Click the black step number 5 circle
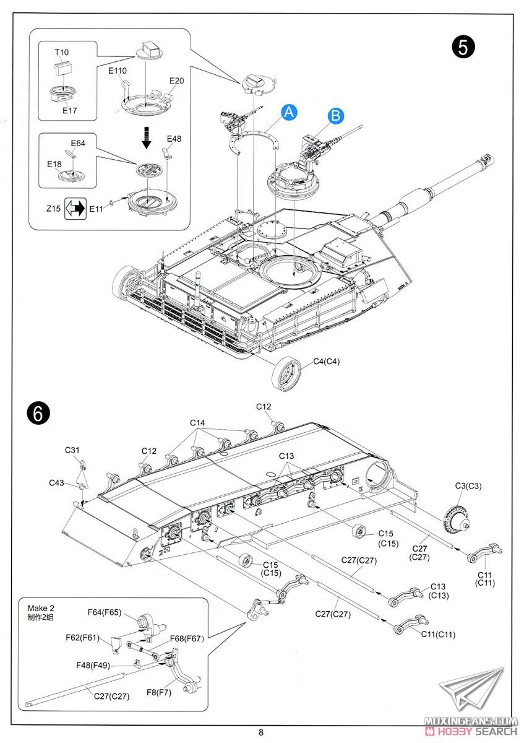pos(463,47)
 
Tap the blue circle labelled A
pos(290,112)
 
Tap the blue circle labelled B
pos(335,115)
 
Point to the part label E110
pos(117,71)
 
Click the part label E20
pos(176,80)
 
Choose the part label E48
pos(174,138)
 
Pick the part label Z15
pos(53,209)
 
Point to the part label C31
pos(72,450)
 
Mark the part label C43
pos(58,483)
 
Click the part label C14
pos(197,423)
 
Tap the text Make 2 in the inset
pos(40,608)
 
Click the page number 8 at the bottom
pos(261,732)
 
